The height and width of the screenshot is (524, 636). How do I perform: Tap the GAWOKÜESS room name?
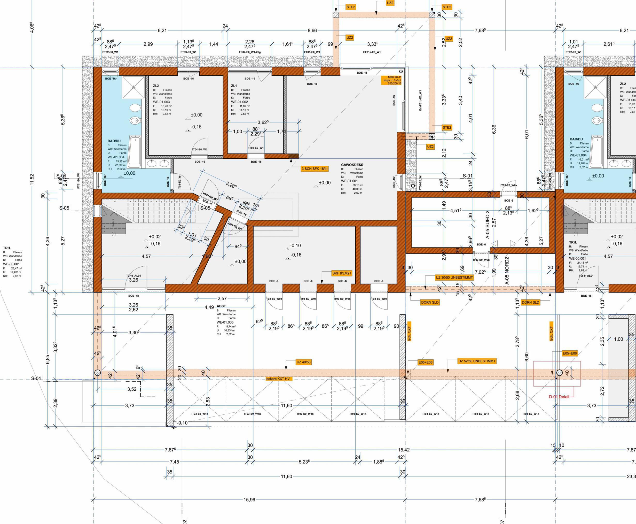coord(352,165)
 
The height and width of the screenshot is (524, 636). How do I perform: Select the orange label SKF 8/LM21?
coord(342,273)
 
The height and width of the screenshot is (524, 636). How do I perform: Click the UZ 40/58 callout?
coord(303,362)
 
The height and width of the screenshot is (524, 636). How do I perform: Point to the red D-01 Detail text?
coord(559,397)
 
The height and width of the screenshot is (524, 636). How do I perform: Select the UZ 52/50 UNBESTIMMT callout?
coord(476,361)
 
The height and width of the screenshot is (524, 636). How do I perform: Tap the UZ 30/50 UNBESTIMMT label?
coord(454,278)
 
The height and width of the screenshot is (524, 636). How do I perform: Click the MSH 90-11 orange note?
coord(392,80)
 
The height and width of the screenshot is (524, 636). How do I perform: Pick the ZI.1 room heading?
coord(234,86)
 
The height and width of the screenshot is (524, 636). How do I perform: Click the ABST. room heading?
coord(222,306)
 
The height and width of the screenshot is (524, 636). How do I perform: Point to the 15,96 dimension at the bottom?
coord(249,499)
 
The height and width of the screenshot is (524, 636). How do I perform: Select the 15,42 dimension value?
coord(404,450)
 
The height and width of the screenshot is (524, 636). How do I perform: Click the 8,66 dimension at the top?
coord(312,30)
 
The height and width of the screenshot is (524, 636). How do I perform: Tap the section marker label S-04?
coord(36,379)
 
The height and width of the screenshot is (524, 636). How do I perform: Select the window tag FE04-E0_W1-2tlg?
coord(250,52)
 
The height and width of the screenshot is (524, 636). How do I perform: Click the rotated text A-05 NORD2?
coord(507,271)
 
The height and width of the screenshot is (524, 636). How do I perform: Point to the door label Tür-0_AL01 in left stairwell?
coord(133,276)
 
